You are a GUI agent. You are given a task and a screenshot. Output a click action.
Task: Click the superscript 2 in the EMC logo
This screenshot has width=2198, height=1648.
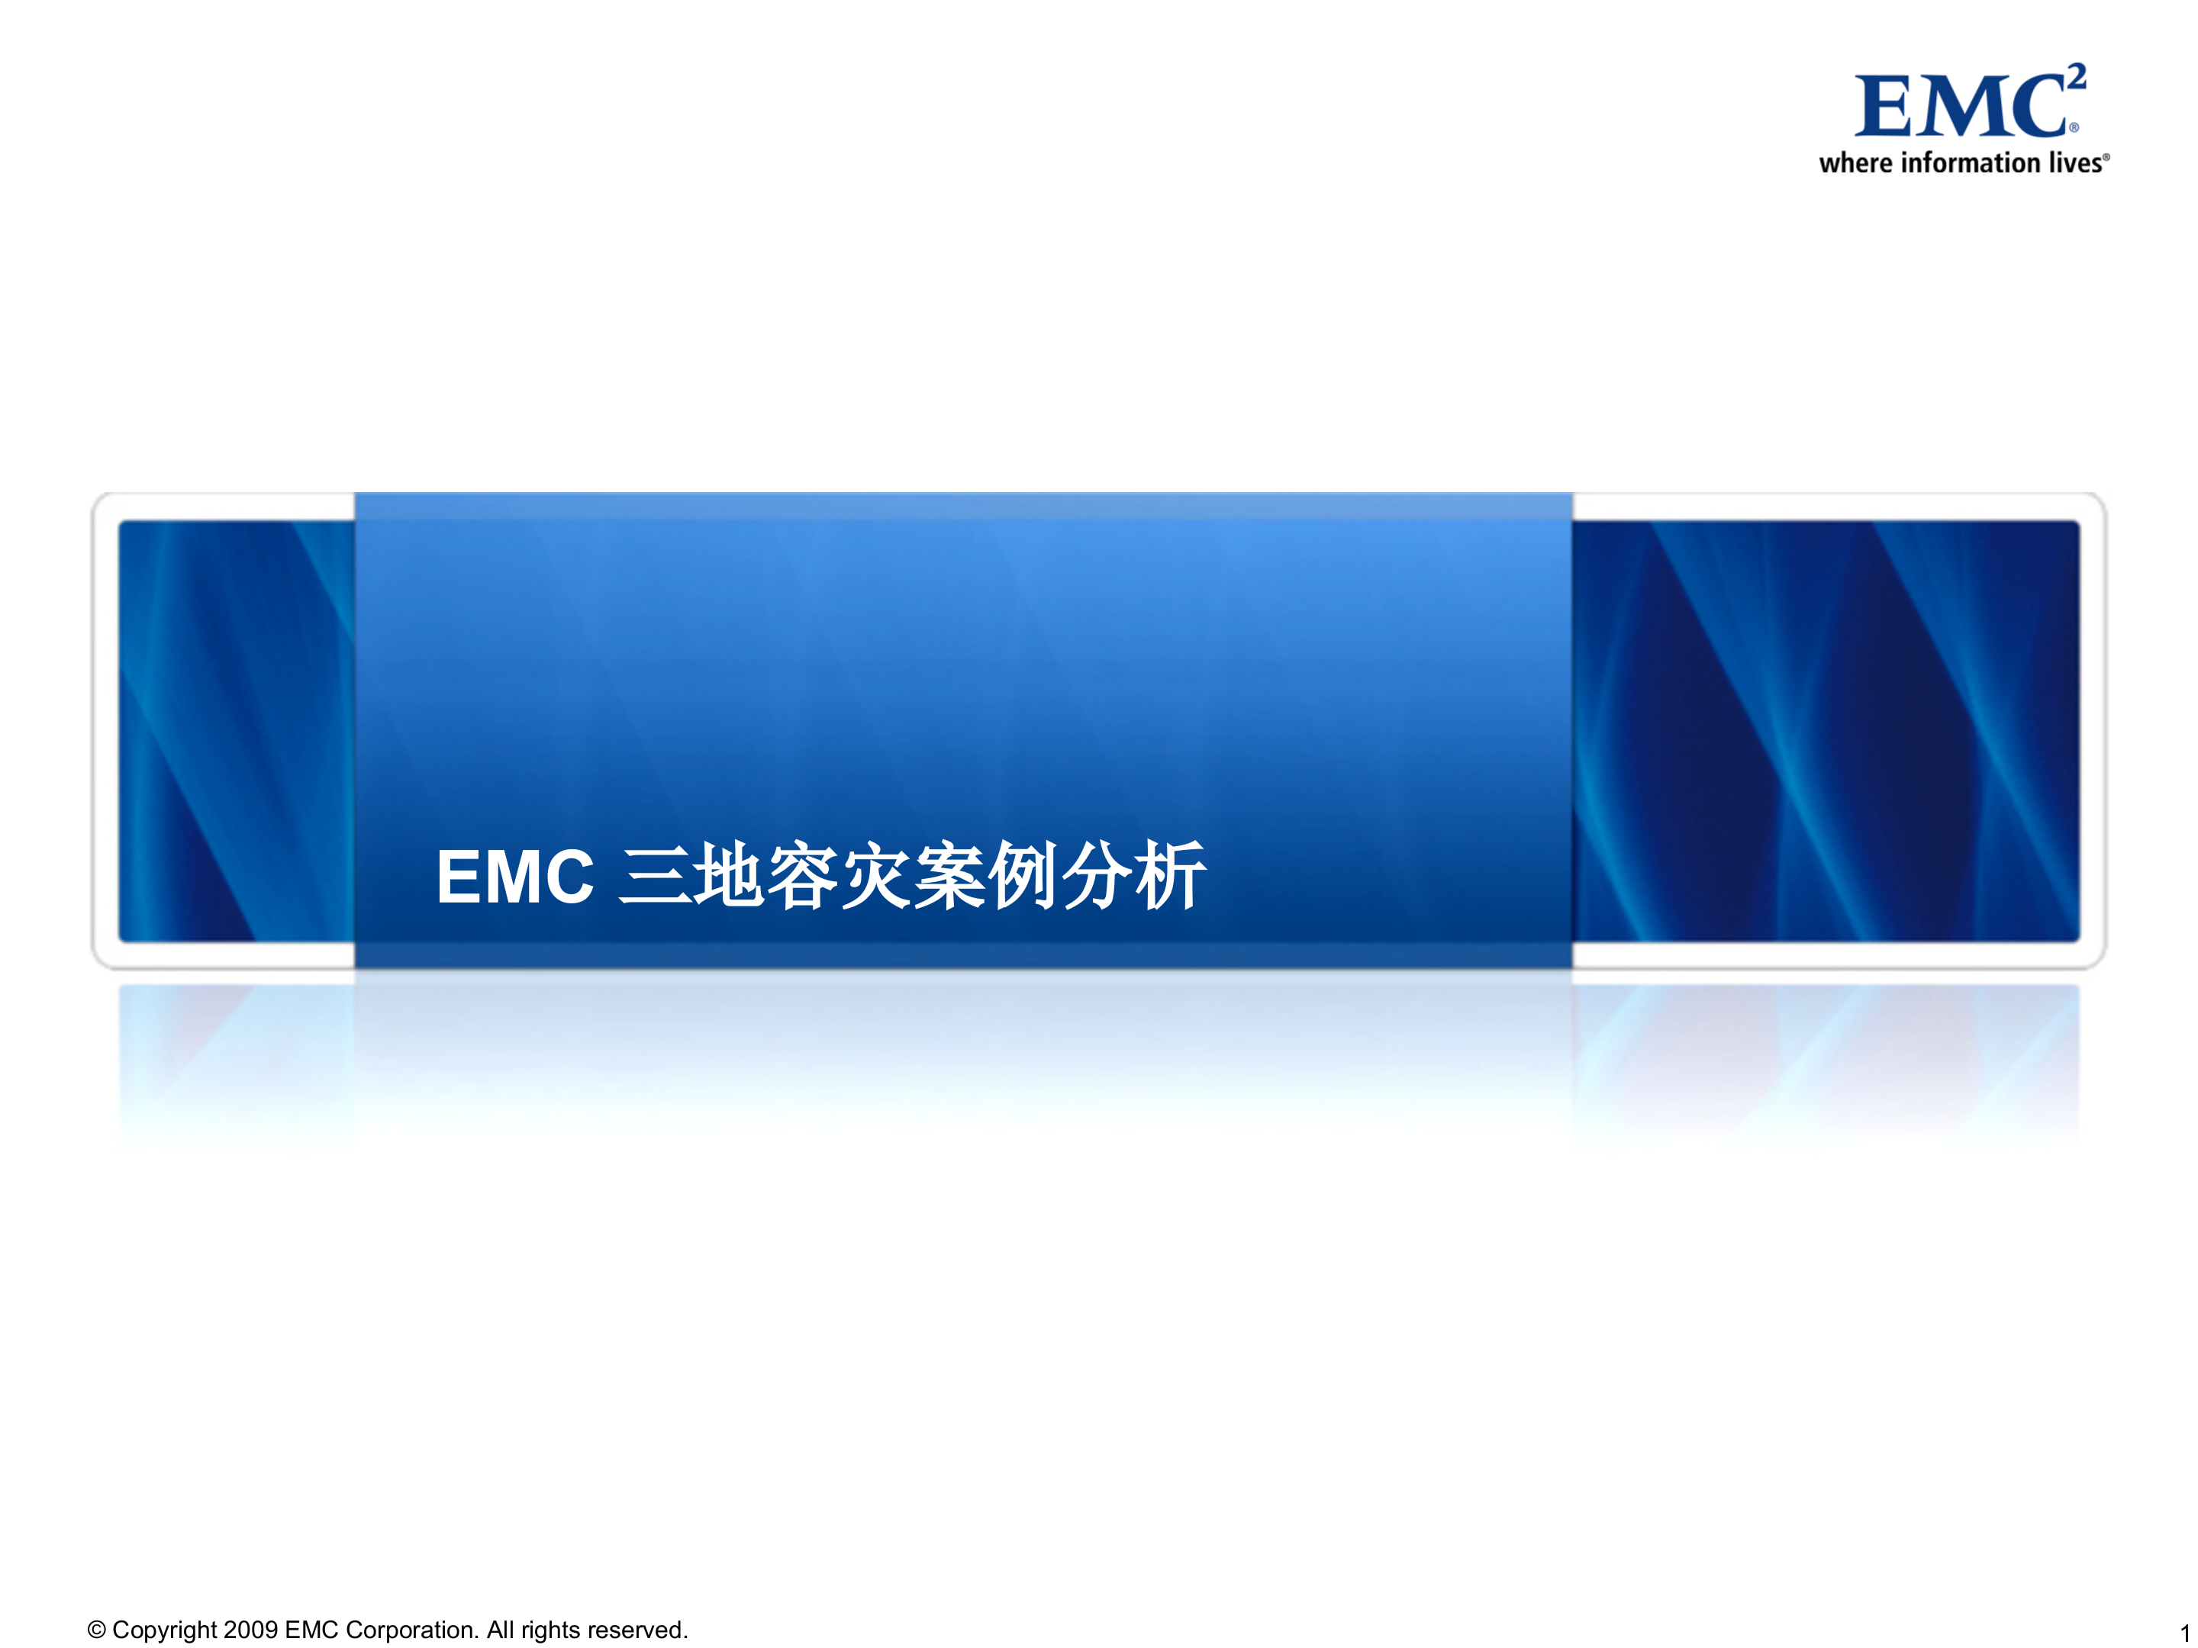[2076, 76]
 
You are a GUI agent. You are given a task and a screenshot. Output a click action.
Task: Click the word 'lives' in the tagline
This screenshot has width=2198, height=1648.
[2075, 163]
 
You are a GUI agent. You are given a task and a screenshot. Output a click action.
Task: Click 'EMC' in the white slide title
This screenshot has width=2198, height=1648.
[514, 877]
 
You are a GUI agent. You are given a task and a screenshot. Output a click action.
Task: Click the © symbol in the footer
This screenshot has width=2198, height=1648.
[96, 1630]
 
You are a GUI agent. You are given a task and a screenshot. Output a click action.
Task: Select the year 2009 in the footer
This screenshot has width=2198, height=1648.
[250, 1630]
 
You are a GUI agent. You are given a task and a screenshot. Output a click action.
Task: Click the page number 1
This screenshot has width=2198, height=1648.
[2184, 1633]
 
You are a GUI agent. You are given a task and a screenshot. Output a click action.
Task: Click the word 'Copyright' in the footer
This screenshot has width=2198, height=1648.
[164, 1630]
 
